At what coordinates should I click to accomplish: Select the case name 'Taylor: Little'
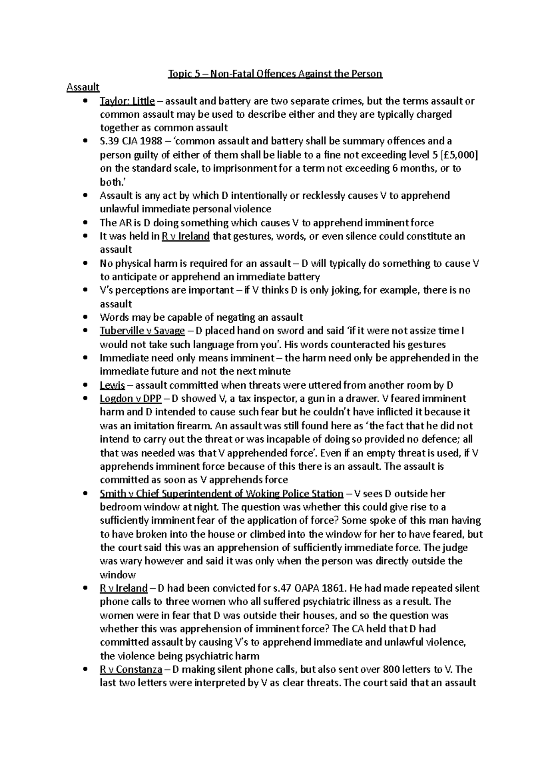coord(127,101)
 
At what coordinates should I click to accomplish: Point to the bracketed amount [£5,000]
coord(453,155)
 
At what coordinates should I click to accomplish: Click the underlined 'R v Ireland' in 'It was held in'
coord(186,236)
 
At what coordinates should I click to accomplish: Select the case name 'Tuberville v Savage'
coord(142,331)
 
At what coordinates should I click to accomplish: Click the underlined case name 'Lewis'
coord(112,385)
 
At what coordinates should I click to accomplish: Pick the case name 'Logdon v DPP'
coord(131,399)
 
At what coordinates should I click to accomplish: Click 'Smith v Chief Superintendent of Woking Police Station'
coord(221,494)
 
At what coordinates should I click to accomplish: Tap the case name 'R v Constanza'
coord(131,670)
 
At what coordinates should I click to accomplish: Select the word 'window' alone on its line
coord(118,575)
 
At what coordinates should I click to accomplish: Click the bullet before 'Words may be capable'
coord(85,318)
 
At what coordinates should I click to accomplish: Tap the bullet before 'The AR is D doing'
coord(85,223)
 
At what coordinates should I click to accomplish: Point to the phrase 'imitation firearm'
coord(175,426)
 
